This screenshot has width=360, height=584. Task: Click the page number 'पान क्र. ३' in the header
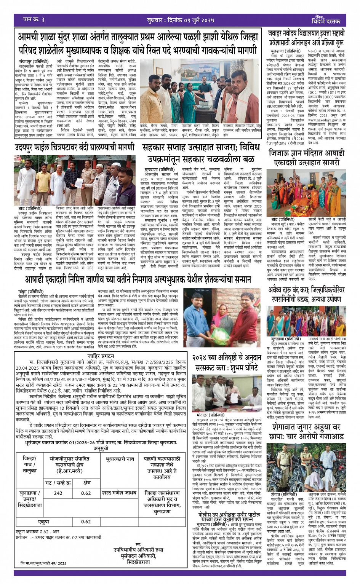click(34, 19)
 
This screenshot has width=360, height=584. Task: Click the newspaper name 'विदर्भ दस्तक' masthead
click(326, 21)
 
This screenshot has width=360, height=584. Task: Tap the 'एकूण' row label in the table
click(43, 521)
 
